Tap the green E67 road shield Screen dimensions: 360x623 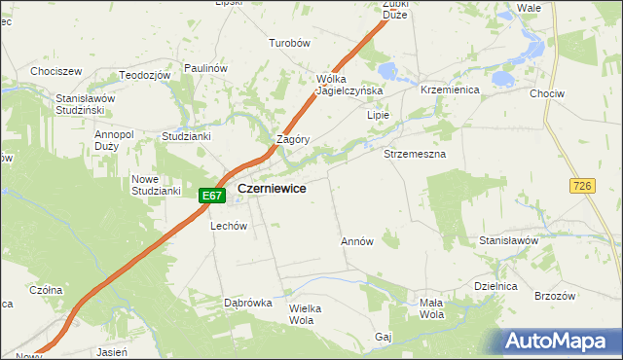[212, 196]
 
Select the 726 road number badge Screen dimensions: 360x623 [583, 185]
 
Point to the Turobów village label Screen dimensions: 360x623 [289, 44]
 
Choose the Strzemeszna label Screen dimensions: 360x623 [415, 155]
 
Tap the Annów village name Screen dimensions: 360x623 [357, 240]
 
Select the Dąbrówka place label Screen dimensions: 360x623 [247, 303]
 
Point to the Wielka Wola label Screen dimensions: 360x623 [305, 313]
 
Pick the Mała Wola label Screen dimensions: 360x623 [431, 308]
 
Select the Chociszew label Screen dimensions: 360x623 [55, 71]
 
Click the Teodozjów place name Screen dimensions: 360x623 [145, 75]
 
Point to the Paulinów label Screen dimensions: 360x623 [204, 68]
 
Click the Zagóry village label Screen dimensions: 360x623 [293, 139]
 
